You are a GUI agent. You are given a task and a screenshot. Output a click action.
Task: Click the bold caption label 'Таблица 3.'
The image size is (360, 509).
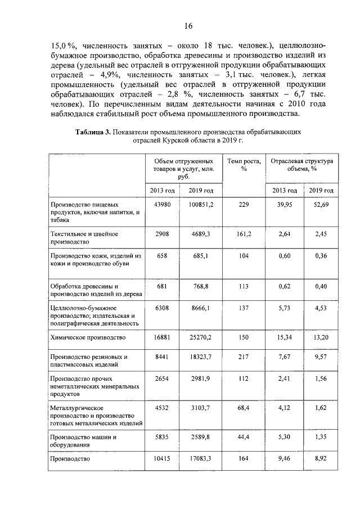(x=92, y=132)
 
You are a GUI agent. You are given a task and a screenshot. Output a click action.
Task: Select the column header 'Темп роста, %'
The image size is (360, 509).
(x=244, y=164)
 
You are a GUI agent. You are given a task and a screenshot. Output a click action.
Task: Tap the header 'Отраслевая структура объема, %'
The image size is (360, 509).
(x=302, y=164)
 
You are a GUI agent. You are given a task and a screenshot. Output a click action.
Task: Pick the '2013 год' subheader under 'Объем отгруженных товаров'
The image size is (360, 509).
(x=162, y=190)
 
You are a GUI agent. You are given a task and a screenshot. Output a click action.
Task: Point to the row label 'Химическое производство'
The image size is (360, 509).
(x=87, y=337)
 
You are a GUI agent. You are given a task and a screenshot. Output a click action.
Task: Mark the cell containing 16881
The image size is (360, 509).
(x=162, y=337)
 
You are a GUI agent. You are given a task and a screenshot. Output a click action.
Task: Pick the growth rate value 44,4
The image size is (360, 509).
(x=244, y=436)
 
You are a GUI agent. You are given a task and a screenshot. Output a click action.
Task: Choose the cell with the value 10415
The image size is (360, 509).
(x=162, y=458)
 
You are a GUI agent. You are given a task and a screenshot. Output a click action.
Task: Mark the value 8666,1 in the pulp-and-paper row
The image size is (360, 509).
(x=201, y=308)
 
